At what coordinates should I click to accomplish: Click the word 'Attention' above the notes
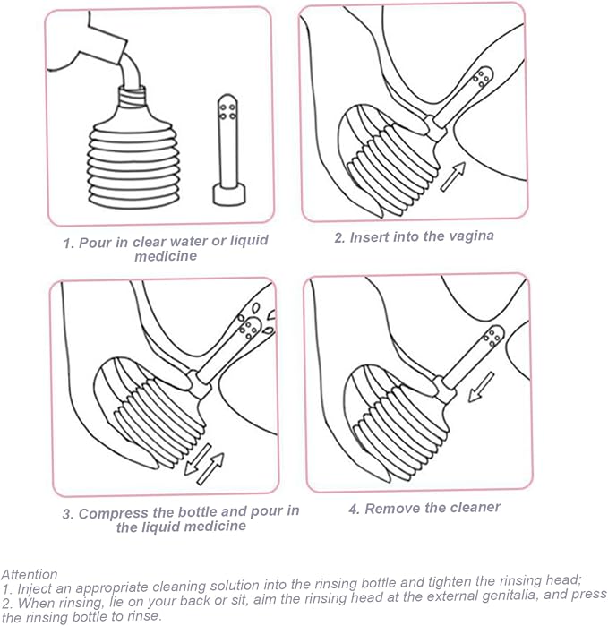point(30,574)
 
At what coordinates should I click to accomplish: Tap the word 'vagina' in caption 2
point(472,236)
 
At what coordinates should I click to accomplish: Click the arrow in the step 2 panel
point(453,176)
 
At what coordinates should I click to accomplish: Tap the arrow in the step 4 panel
point(481,387)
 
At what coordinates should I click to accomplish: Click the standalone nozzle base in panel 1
point(228,194)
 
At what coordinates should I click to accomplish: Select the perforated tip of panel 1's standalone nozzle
point(227,108)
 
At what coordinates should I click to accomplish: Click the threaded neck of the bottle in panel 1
point(133,97)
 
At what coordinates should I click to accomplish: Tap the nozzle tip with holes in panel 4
point(493,337)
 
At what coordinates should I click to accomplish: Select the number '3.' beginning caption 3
point(69,514)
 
